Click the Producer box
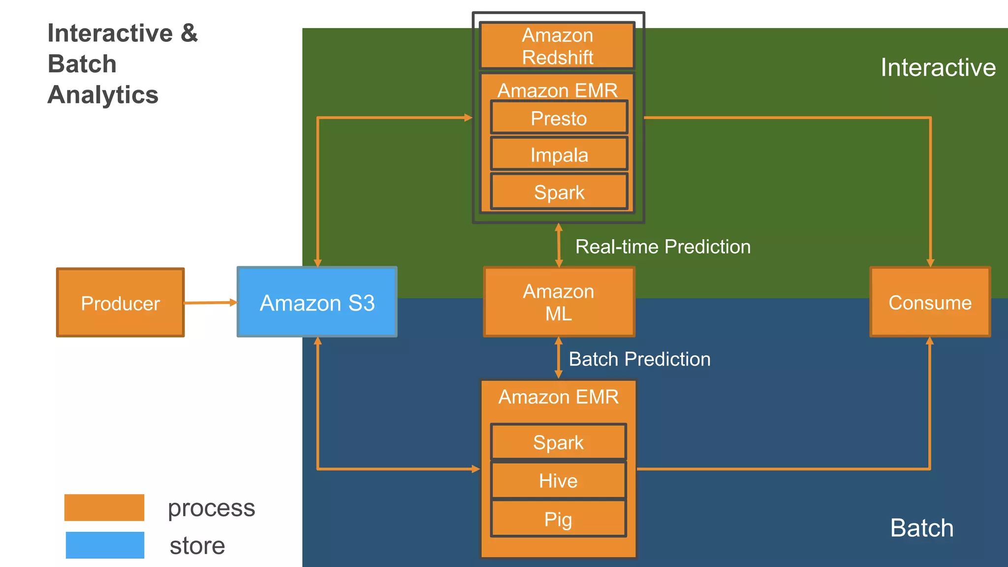pyautogui.click(x=121, y=303)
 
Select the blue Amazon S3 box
pyautogui.click(x=317, y=302)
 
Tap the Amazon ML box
pyautogui.click(x=559, y=302)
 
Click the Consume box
pyautogui.click(x=930, y=302)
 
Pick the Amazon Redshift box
pyautogui.click(x=557, y=46)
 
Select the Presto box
pyautogui.click(x=559, y=118)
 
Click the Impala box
pyautogui.click(x=559, y=155)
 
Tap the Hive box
pyautogui.click(x=558, y=480)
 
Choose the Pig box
pyautogui.click(x=558, y=519)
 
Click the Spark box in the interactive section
pyautogui.click(x=559, y=192)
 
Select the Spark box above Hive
pyautogui.click(x=558, y=442)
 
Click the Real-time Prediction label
pyautogui.click(x=662, y=247)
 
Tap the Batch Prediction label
pyautogui.click(x=639, y=359)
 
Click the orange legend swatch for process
pyautogui.click(x=104, y=507)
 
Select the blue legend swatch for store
pyautogui.click(x=105, y=545)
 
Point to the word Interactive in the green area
pyautogui.click(x=938, y=67)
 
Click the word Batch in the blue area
pyautogui.click(x=921, y=528)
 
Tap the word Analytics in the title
pyautogui.click(x=103, y=94)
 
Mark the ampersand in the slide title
pyautogui.click(x=189, y=33)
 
